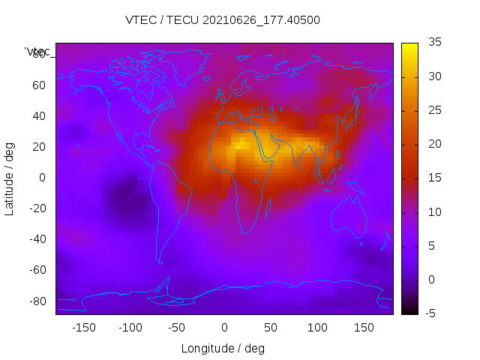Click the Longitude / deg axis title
(x=223, y=349)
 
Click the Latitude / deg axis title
(x=10, y=178)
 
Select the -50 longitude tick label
(x=177, y=328)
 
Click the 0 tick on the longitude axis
(x=224, y=328)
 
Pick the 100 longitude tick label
(x=317, y=328)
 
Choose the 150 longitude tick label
(x=364, y=328)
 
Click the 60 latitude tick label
(x=38, y=85)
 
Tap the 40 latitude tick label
(x=38, y=115)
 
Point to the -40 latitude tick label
(x=36, y=239)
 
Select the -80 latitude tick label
(x=36, y=301)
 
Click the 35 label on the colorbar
(x=433, y=43)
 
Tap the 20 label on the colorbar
(x=433, y=144)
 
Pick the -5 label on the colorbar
(x=432, y=313)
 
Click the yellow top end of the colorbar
(x=409, y=47)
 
